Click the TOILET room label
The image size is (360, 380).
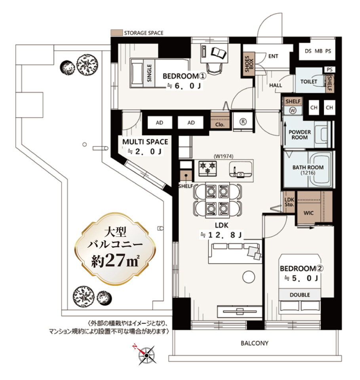click(309, 82)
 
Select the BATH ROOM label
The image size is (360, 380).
click(308, 167)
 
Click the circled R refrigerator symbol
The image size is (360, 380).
click(243, 122)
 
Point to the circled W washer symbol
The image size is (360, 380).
click(293, 110)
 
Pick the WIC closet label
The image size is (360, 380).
click(309, 213)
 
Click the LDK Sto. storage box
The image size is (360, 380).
click(289, 202)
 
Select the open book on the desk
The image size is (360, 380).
click(219, 53)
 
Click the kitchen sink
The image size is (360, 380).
click(240, 170)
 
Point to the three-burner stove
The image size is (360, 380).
click(208, 168)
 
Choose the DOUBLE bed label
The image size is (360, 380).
click(300, 295)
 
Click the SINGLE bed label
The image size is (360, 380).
click(149, 73)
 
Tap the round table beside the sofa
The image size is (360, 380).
click(249, 277)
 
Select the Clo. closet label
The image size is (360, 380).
click(220, 125)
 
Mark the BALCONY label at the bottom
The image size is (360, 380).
click(255, 343)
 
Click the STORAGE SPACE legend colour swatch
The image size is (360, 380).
click(116, 33)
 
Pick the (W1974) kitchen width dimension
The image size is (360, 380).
click(223, 156)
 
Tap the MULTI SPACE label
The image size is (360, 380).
click(145, 142)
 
